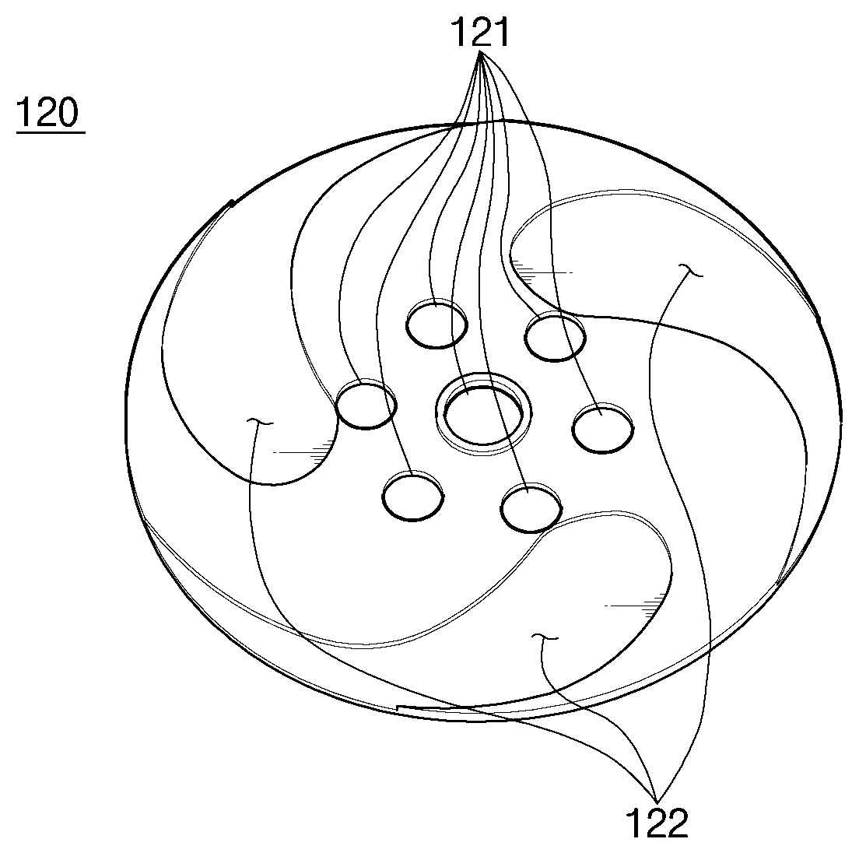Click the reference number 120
pyautogui.click(x=48, y=112)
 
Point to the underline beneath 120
pyautogui.click(x=51, y=132)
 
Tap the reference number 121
pyautogui.click(x=480, y=33)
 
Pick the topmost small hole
pyautogui.click(x=437, y=324)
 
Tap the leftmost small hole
pyautogui.click(x=366, y=405)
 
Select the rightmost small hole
pyautogui.click(x=602, y=428)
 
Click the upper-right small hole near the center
pyautogui.click(x=555, y=336)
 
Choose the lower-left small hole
pyautogui.click(x=413, y=497)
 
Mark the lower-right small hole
pyautogui.click(x=531, y=508)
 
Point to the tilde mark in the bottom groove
pyautogui.click(x=545, y=636)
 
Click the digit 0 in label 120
pyautogui.click(x=68, y=112)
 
